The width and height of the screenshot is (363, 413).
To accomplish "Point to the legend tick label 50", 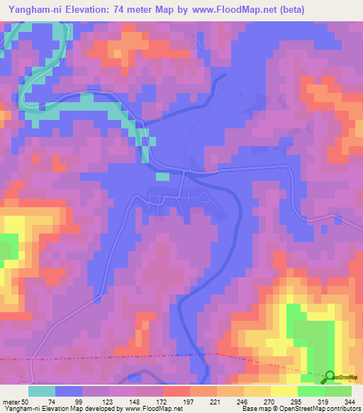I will click(28, 401).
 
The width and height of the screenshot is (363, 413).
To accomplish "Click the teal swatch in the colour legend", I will click(42, 390).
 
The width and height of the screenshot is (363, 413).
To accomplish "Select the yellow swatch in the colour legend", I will click(284, 390).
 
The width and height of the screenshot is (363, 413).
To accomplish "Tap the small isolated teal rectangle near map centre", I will click(162, 177).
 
